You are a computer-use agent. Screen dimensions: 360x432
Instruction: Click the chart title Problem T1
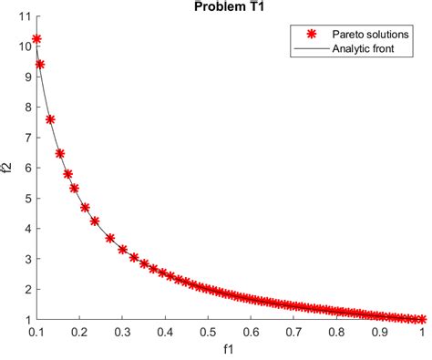(x=228, y=6)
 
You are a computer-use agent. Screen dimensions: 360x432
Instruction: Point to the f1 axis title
(x=228, y=351)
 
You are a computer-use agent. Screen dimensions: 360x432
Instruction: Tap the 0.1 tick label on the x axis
(x=36, y=334)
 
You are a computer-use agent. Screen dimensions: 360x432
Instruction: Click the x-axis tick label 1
(x=422, y=334)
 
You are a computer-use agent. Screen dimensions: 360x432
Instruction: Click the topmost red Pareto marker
(x=36, y=39)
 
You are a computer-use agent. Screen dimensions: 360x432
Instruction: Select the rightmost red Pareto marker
(x=421, y=319)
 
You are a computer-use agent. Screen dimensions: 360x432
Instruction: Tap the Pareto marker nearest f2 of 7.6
(x=50, y=119)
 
